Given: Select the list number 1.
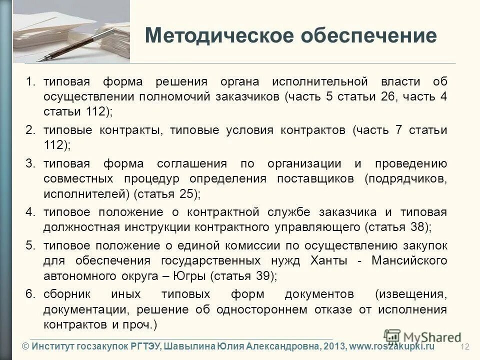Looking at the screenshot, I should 30,82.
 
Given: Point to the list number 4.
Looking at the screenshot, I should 30,212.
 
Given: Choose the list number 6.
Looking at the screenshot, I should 30,293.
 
